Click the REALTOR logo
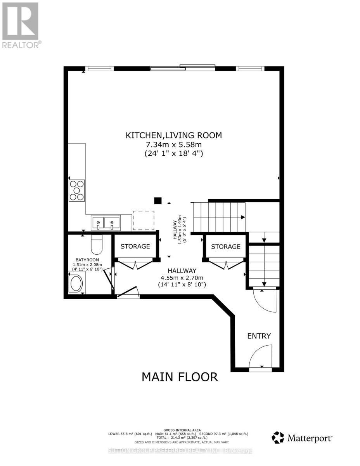pos(20,24)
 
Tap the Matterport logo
pos(302,438)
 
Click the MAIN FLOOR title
pos(180,376)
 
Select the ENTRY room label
pos(259,336)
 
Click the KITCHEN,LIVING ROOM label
pos(173,136)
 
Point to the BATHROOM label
pos(87,260)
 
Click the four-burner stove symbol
pos(77,191)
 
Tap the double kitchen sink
pos(106,223)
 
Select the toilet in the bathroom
pos(96,245)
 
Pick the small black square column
pos(157,201)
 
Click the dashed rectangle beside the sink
pos(144,221)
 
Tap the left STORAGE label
pos(135,246)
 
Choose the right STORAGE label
pos(226,246)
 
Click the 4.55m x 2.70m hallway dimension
pos(182,278)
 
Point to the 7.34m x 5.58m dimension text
pos(173,144)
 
